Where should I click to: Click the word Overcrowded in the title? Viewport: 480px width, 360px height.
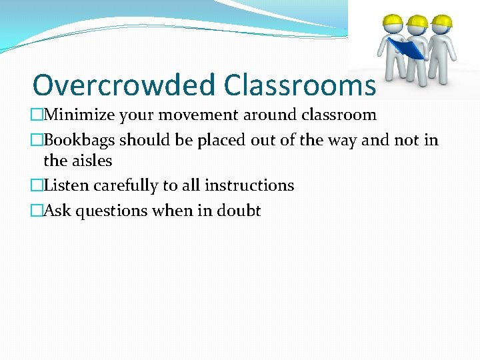pos(124,85)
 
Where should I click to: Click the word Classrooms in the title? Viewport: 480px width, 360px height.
pos(299,85)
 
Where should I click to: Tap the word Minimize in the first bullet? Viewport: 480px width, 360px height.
pos(79,115)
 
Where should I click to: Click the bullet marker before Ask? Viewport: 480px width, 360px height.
pos(37,211)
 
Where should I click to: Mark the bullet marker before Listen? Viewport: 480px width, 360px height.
pos(37,186)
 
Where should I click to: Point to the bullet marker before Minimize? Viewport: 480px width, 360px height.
pos(37,115)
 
